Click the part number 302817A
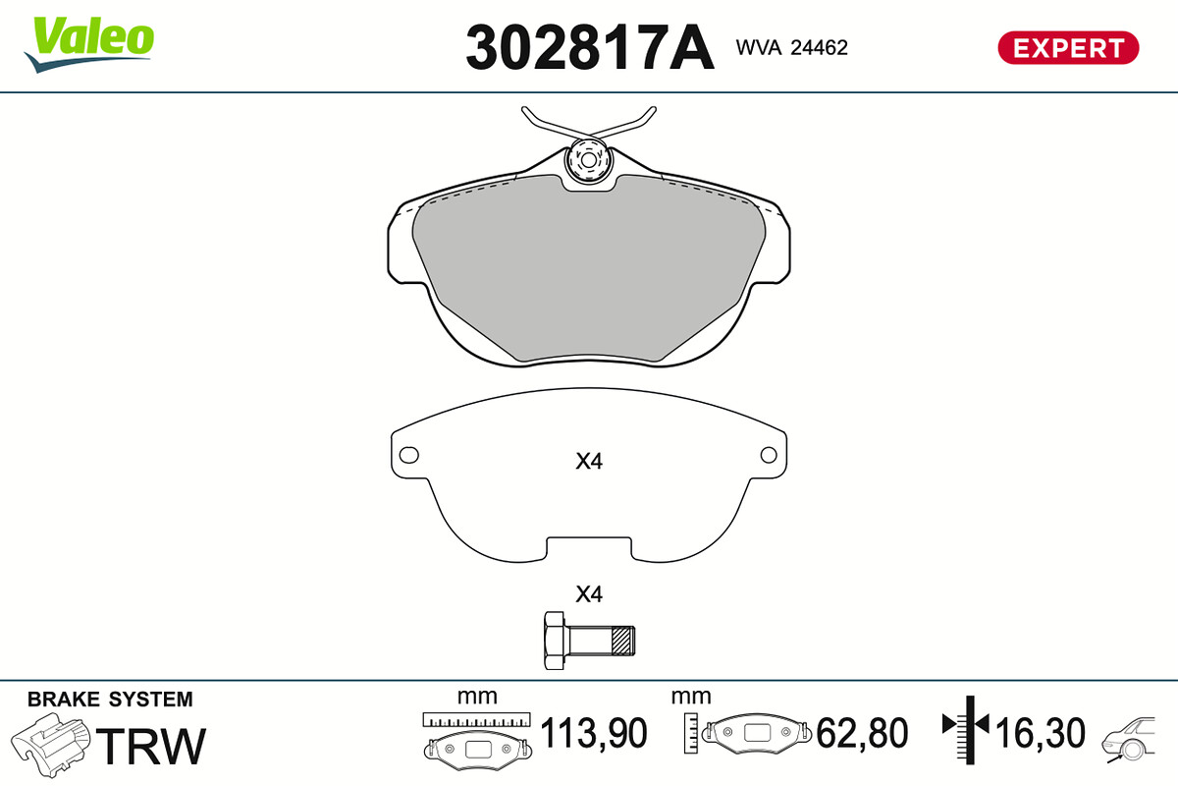point(590,47)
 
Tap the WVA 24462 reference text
point(792,48)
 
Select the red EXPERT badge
point(1068,48)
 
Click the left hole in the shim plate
point(409,455)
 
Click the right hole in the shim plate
point(769,455)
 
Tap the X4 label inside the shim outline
point(589,461)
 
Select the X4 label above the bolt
point(589,594)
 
